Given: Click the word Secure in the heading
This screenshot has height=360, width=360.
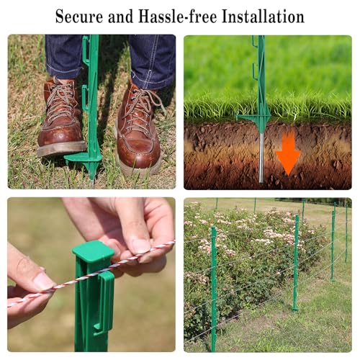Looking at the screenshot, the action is coord(79,17).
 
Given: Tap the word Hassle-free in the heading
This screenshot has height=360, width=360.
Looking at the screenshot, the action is coord(177,17).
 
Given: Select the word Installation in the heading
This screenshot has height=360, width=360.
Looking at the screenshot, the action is coord(263,17).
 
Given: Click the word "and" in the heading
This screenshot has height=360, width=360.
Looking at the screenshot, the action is coord(120,17).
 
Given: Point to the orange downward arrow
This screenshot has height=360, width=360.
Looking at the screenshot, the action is coord(288,153).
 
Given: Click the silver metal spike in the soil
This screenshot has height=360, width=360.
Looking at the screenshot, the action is coord(262,157).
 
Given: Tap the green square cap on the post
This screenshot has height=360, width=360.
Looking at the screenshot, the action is coord(94,251).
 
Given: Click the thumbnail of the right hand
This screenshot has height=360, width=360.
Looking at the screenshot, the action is coord(141,246).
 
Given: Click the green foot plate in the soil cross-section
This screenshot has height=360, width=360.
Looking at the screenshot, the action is coord(253,118).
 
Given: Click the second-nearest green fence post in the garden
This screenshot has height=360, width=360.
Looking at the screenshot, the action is coord(296,263).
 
